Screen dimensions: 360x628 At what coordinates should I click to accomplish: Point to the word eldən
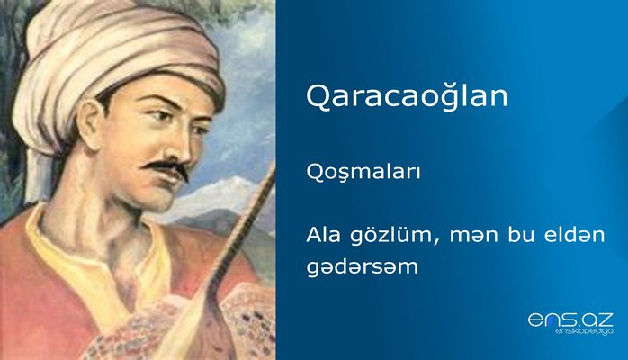click(574, 236)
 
